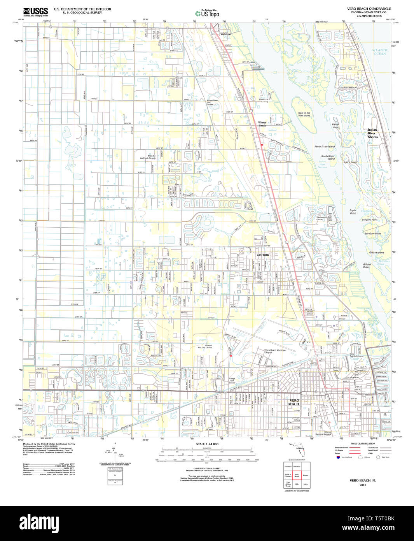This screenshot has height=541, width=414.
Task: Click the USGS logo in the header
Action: [35, 11]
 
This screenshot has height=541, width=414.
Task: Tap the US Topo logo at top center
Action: [207, 13]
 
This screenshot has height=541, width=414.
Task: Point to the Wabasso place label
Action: [225, 34]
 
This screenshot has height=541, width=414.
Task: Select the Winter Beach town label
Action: [262, 124]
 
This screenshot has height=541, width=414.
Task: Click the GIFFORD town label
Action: [263, 255]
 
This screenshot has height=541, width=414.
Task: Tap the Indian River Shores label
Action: [372, 133]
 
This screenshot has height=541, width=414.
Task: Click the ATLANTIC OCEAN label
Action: [379, 52]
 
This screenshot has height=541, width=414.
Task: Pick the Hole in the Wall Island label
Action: [304, 114]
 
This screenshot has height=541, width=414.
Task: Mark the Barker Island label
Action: [335, 126]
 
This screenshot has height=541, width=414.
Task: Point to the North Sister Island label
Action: [324, 147]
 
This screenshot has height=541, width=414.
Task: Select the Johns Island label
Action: [350, 162]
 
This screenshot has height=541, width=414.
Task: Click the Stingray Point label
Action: [369, 220]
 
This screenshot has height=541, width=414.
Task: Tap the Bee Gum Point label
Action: [372, 234]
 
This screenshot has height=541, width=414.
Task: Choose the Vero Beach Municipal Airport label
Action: [275, 351]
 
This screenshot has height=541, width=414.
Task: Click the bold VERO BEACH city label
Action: [294, 402]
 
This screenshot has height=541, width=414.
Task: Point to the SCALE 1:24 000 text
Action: [207, 444]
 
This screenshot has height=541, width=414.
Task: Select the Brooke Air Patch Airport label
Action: [148, 157]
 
